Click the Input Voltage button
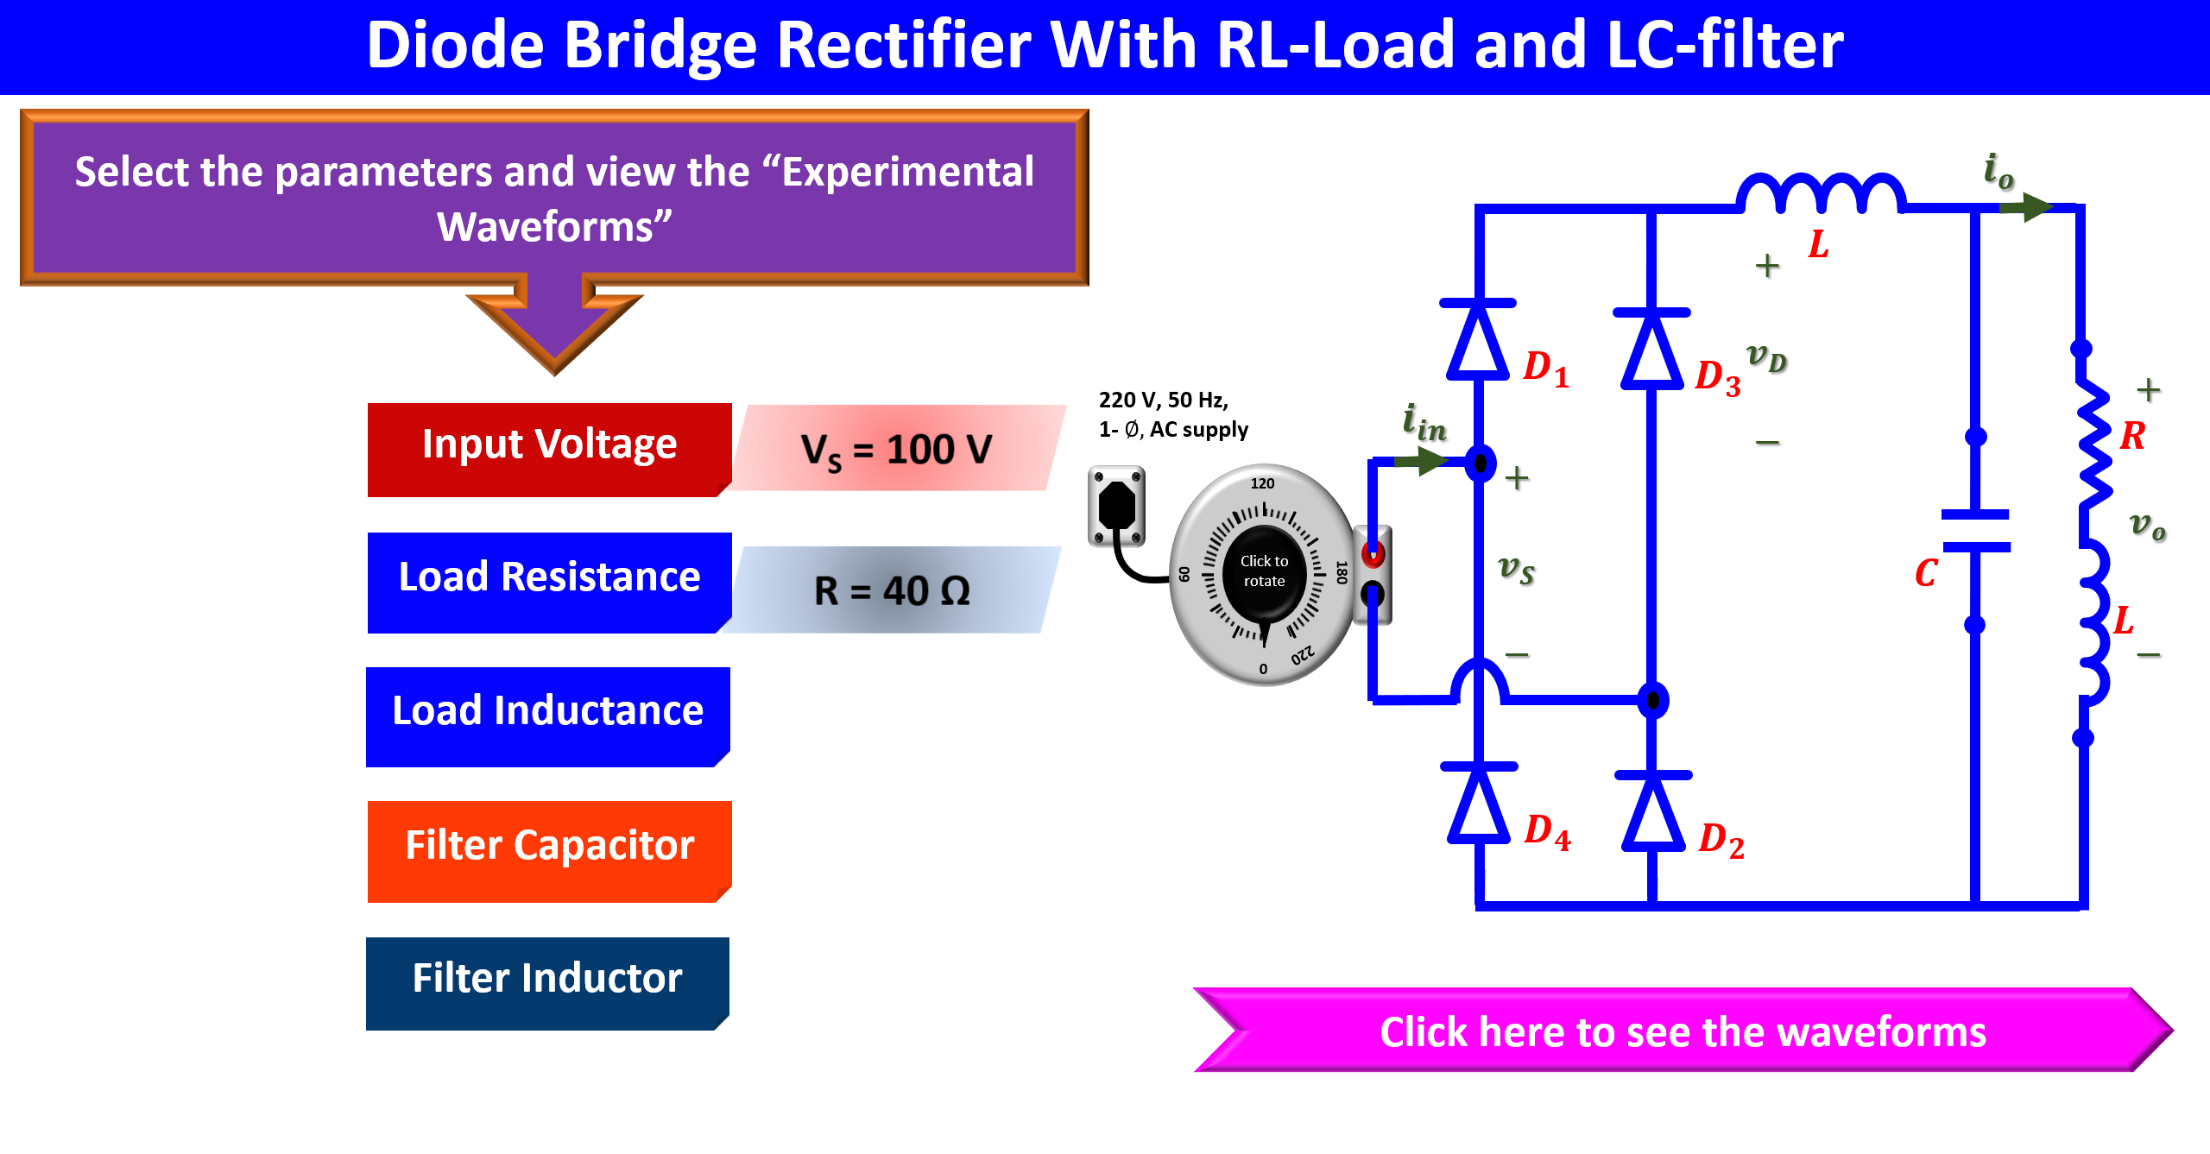pyautogui.click(x=549, y=449)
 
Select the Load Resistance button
pyautogui.click(x=549, y=583)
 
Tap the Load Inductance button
pyautogui.click(x=548, y=716)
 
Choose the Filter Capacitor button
pyautogui.click(x=549, y=851)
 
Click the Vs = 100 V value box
pyautogui.click(x=897, y=448)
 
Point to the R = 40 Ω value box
pyautogui.click(x=892, y=590)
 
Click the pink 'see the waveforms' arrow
pyautogui.click(x=1683, y=1030)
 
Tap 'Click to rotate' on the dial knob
pyautogui.click(x=1264, y=571)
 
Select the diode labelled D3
pyautogui.click(x=1651, y=349)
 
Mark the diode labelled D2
pyautogui.click(x=1653, y=812)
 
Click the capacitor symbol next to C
pyautogui.click(x=1975, y=531)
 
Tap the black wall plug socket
pyautogui.click(x=1116, y=506)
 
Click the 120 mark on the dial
pyautogui.click(x=1262, y=483)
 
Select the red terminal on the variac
pyautogui.click(x=1373, y=553)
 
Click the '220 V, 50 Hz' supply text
pyautogui.click(x=1163, y=400)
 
